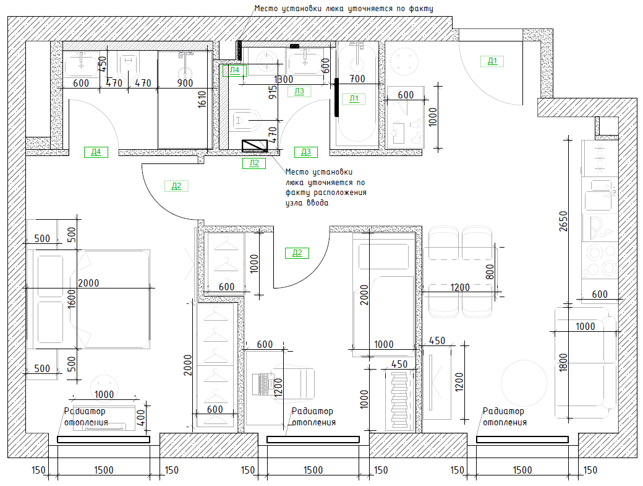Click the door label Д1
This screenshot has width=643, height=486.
coord(492,61)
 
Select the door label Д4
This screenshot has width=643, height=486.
coord(96,152)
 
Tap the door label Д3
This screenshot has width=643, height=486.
coord(306,152)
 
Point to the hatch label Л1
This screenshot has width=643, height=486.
coord(354,98)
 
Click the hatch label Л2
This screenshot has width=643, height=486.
coord(254,163)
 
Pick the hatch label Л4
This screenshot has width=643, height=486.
coord(234,70)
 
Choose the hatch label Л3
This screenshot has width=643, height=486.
coord(299,91)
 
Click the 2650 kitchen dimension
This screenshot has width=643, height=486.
coord(563,221)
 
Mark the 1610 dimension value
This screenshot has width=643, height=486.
coord(202,99)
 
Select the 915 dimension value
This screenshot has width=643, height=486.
coord(273,92)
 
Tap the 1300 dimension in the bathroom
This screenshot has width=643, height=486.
coord(283,79)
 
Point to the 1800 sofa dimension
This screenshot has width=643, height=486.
coord(563,362)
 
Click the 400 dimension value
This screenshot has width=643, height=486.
coord(140,417)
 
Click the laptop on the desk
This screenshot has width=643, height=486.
coord(263,384)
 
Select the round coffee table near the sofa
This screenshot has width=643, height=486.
coord(524,383)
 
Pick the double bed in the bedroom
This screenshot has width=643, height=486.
coord(88,299)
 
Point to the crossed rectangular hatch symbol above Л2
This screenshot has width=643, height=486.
coord(255,145)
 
